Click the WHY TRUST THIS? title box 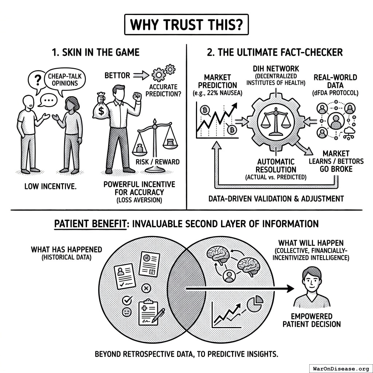(186, 24)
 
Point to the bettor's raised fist (137, 97)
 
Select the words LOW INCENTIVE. (50, 187)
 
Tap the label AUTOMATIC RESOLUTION (275, 165)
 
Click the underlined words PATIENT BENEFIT (90, 223)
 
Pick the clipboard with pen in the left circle (149, 313)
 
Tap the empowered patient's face (311, 280)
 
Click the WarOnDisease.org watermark (340, 368)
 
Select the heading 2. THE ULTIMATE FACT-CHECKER (275, 52)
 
